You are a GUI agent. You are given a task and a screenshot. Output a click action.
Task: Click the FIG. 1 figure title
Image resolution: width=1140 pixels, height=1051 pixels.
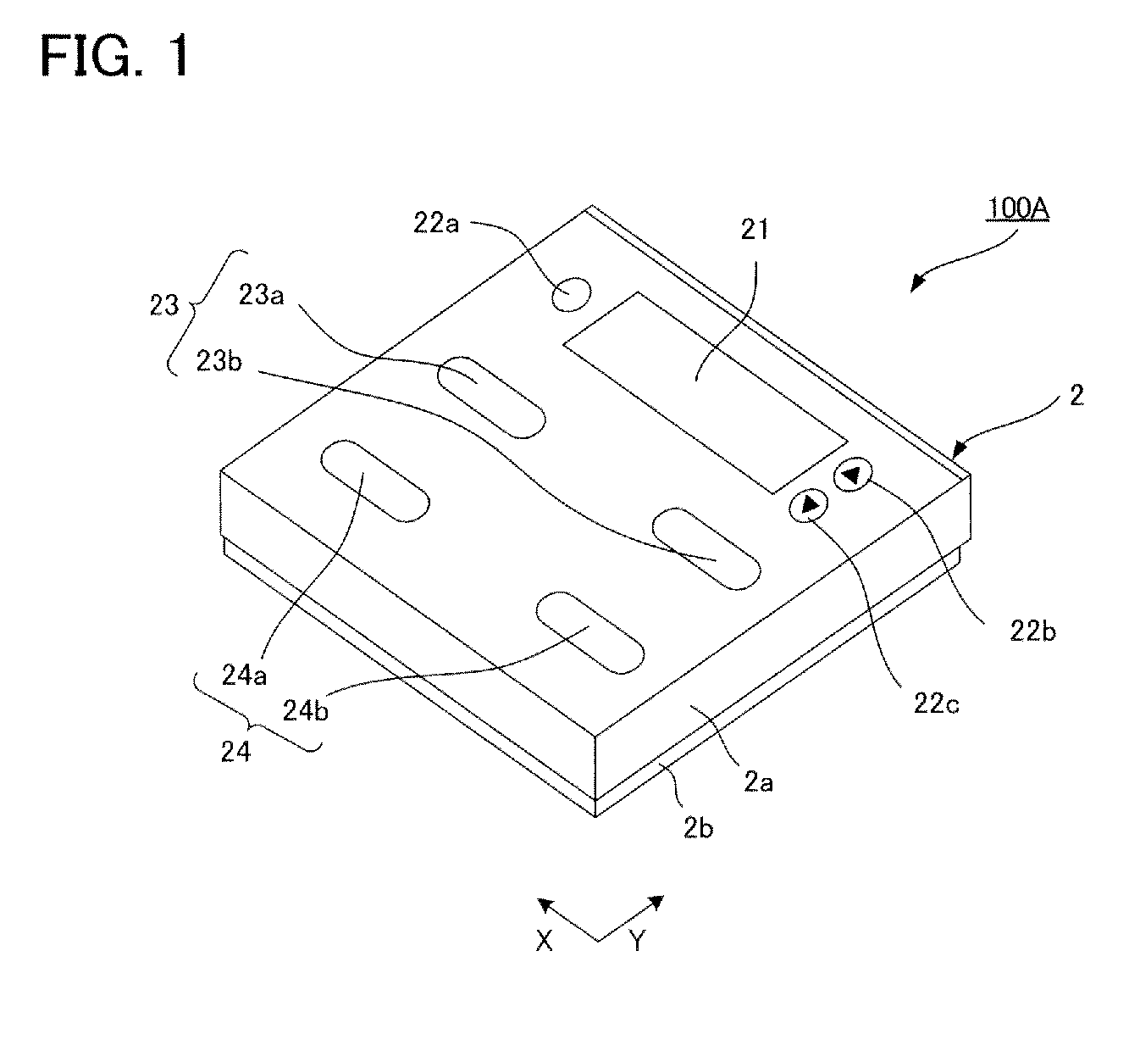[x=116, y=58]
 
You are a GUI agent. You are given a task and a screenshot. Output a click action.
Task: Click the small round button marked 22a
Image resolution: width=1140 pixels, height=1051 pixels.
[x=571, y=294]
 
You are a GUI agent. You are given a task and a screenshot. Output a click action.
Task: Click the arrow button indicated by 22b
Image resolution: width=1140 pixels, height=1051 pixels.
[x=851, y=475]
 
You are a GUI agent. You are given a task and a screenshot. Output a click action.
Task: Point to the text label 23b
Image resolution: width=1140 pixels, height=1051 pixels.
[x=219, y=361]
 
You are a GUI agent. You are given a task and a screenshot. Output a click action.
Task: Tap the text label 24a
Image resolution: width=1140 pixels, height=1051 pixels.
[x=245, y=676]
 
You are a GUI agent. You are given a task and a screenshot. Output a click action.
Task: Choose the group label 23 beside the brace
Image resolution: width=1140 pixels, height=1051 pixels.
[x=165, y=304]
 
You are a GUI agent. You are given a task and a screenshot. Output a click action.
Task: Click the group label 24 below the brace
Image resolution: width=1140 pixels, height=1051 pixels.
[x=235, y=751]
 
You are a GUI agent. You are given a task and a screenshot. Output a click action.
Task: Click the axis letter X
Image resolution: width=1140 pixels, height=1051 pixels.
[x=545, y=940]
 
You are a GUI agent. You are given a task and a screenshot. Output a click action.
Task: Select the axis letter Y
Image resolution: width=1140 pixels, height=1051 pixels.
[x=638, y=940]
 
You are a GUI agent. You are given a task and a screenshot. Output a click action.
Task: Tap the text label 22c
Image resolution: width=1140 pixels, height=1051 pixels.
[x=936, y=703]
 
